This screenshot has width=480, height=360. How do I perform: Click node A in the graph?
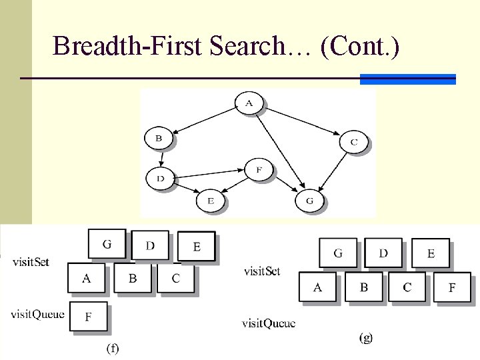tap(249, 103)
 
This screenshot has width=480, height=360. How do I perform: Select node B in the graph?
tap(159, 139)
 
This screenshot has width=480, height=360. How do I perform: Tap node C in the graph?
tap(353, 142)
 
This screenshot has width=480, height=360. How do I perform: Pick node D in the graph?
tap(160, 178)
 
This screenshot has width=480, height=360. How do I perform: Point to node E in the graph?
tap(210, 200)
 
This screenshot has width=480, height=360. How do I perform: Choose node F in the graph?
tap(259, 170)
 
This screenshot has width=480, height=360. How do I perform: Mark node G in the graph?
tap(309, 200)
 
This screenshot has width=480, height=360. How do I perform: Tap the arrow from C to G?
tap(333, 173)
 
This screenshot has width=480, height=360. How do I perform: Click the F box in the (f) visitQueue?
tap(88, 317)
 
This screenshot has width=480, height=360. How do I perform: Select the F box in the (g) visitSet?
tap(451, 287)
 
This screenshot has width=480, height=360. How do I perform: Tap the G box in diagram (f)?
tap(107, 245)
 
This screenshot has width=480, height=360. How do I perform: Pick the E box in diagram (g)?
tap(430, 254)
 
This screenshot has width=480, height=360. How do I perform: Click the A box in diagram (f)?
tap(87, 278)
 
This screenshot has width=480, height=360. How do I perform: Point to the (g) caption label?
tap(366, 338)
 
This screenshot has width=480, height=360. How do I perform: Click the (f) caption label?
tap(112, 348)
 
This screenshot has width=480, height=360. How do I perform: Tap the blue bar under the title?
tap(407, 79)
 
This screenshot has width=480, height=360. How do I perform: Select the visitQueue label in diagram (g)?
tap(269, 324)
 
